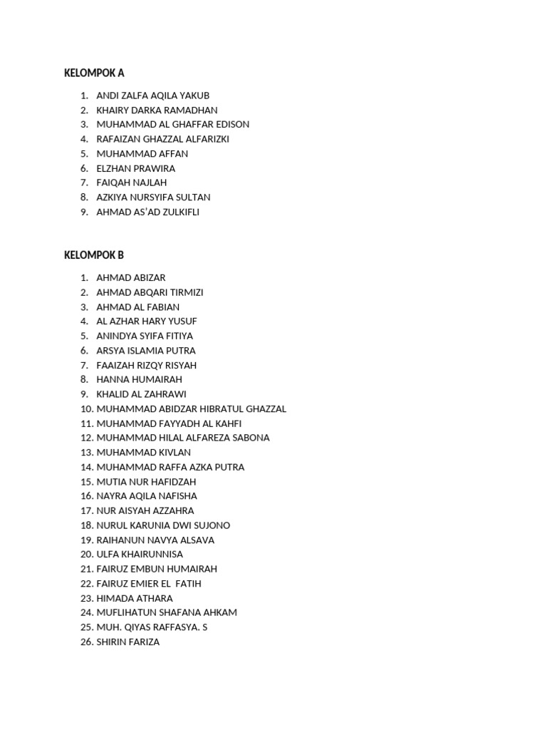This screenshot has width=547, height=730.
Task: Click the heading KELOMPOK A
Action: click(94, 73)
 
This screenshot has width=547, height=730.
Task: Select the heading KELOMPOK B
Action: click(94, 255)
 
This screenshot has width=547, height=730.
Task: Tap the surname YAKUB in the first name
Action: click(195, 96)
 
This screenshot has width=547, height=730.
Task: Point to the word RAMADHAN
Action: click(191, 110)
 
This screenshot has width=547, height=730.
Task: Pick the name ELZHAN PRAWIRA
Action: click(135, 169)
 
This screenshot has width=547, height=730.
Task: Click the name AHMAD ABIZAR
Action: click(130, 278)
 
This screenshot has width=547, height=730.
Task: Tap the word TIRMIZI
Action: click(184, 292)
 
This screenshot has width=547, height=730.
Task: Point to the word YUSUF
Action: click(183, 322)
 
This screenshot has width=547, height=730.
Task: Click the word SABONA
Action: click(251, 438)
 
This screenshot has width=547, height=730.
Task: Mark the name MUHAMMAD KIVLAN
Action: click(143, 453)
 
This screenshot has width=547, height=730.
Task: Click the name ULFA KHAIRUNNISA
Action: click(140, 555)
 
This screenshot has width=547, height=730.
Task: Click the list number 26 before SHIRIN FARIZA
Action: click(86, 642)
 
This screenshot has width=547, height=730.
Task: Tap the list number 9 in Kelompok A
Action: click(84, 212)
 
